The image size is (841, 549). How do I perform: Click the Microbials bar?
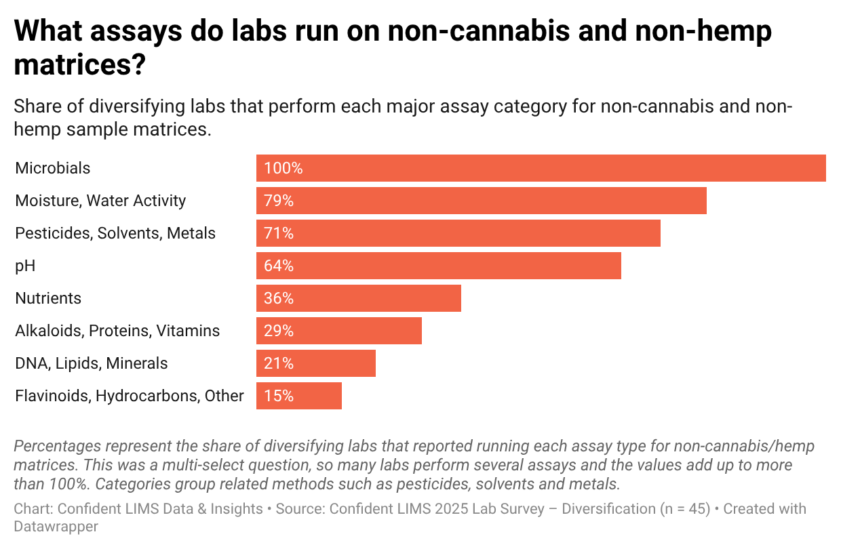pos(541,168)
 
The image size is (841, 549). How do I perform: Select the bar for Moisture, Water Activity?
pos(481,201)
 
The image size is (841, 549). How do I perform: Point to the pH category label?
pos(25,266)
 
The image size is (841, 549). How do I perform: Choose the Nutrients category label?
pos(48,298)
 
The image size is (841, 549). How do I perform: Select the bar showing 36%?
pos(358,298)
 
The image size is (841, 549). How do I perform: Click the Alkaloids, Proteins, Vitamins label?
pos(117,331)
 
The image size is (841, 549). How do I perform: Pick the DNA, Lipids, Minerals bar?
pos(315,363)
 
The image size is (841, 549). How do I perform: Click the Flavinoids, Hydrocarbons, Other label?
pos(129,396)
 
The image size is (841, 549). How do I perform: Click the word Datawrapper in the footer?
pos(56,526)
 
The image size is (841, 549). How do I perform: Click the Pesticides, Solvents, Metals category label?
pos(115,233)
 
